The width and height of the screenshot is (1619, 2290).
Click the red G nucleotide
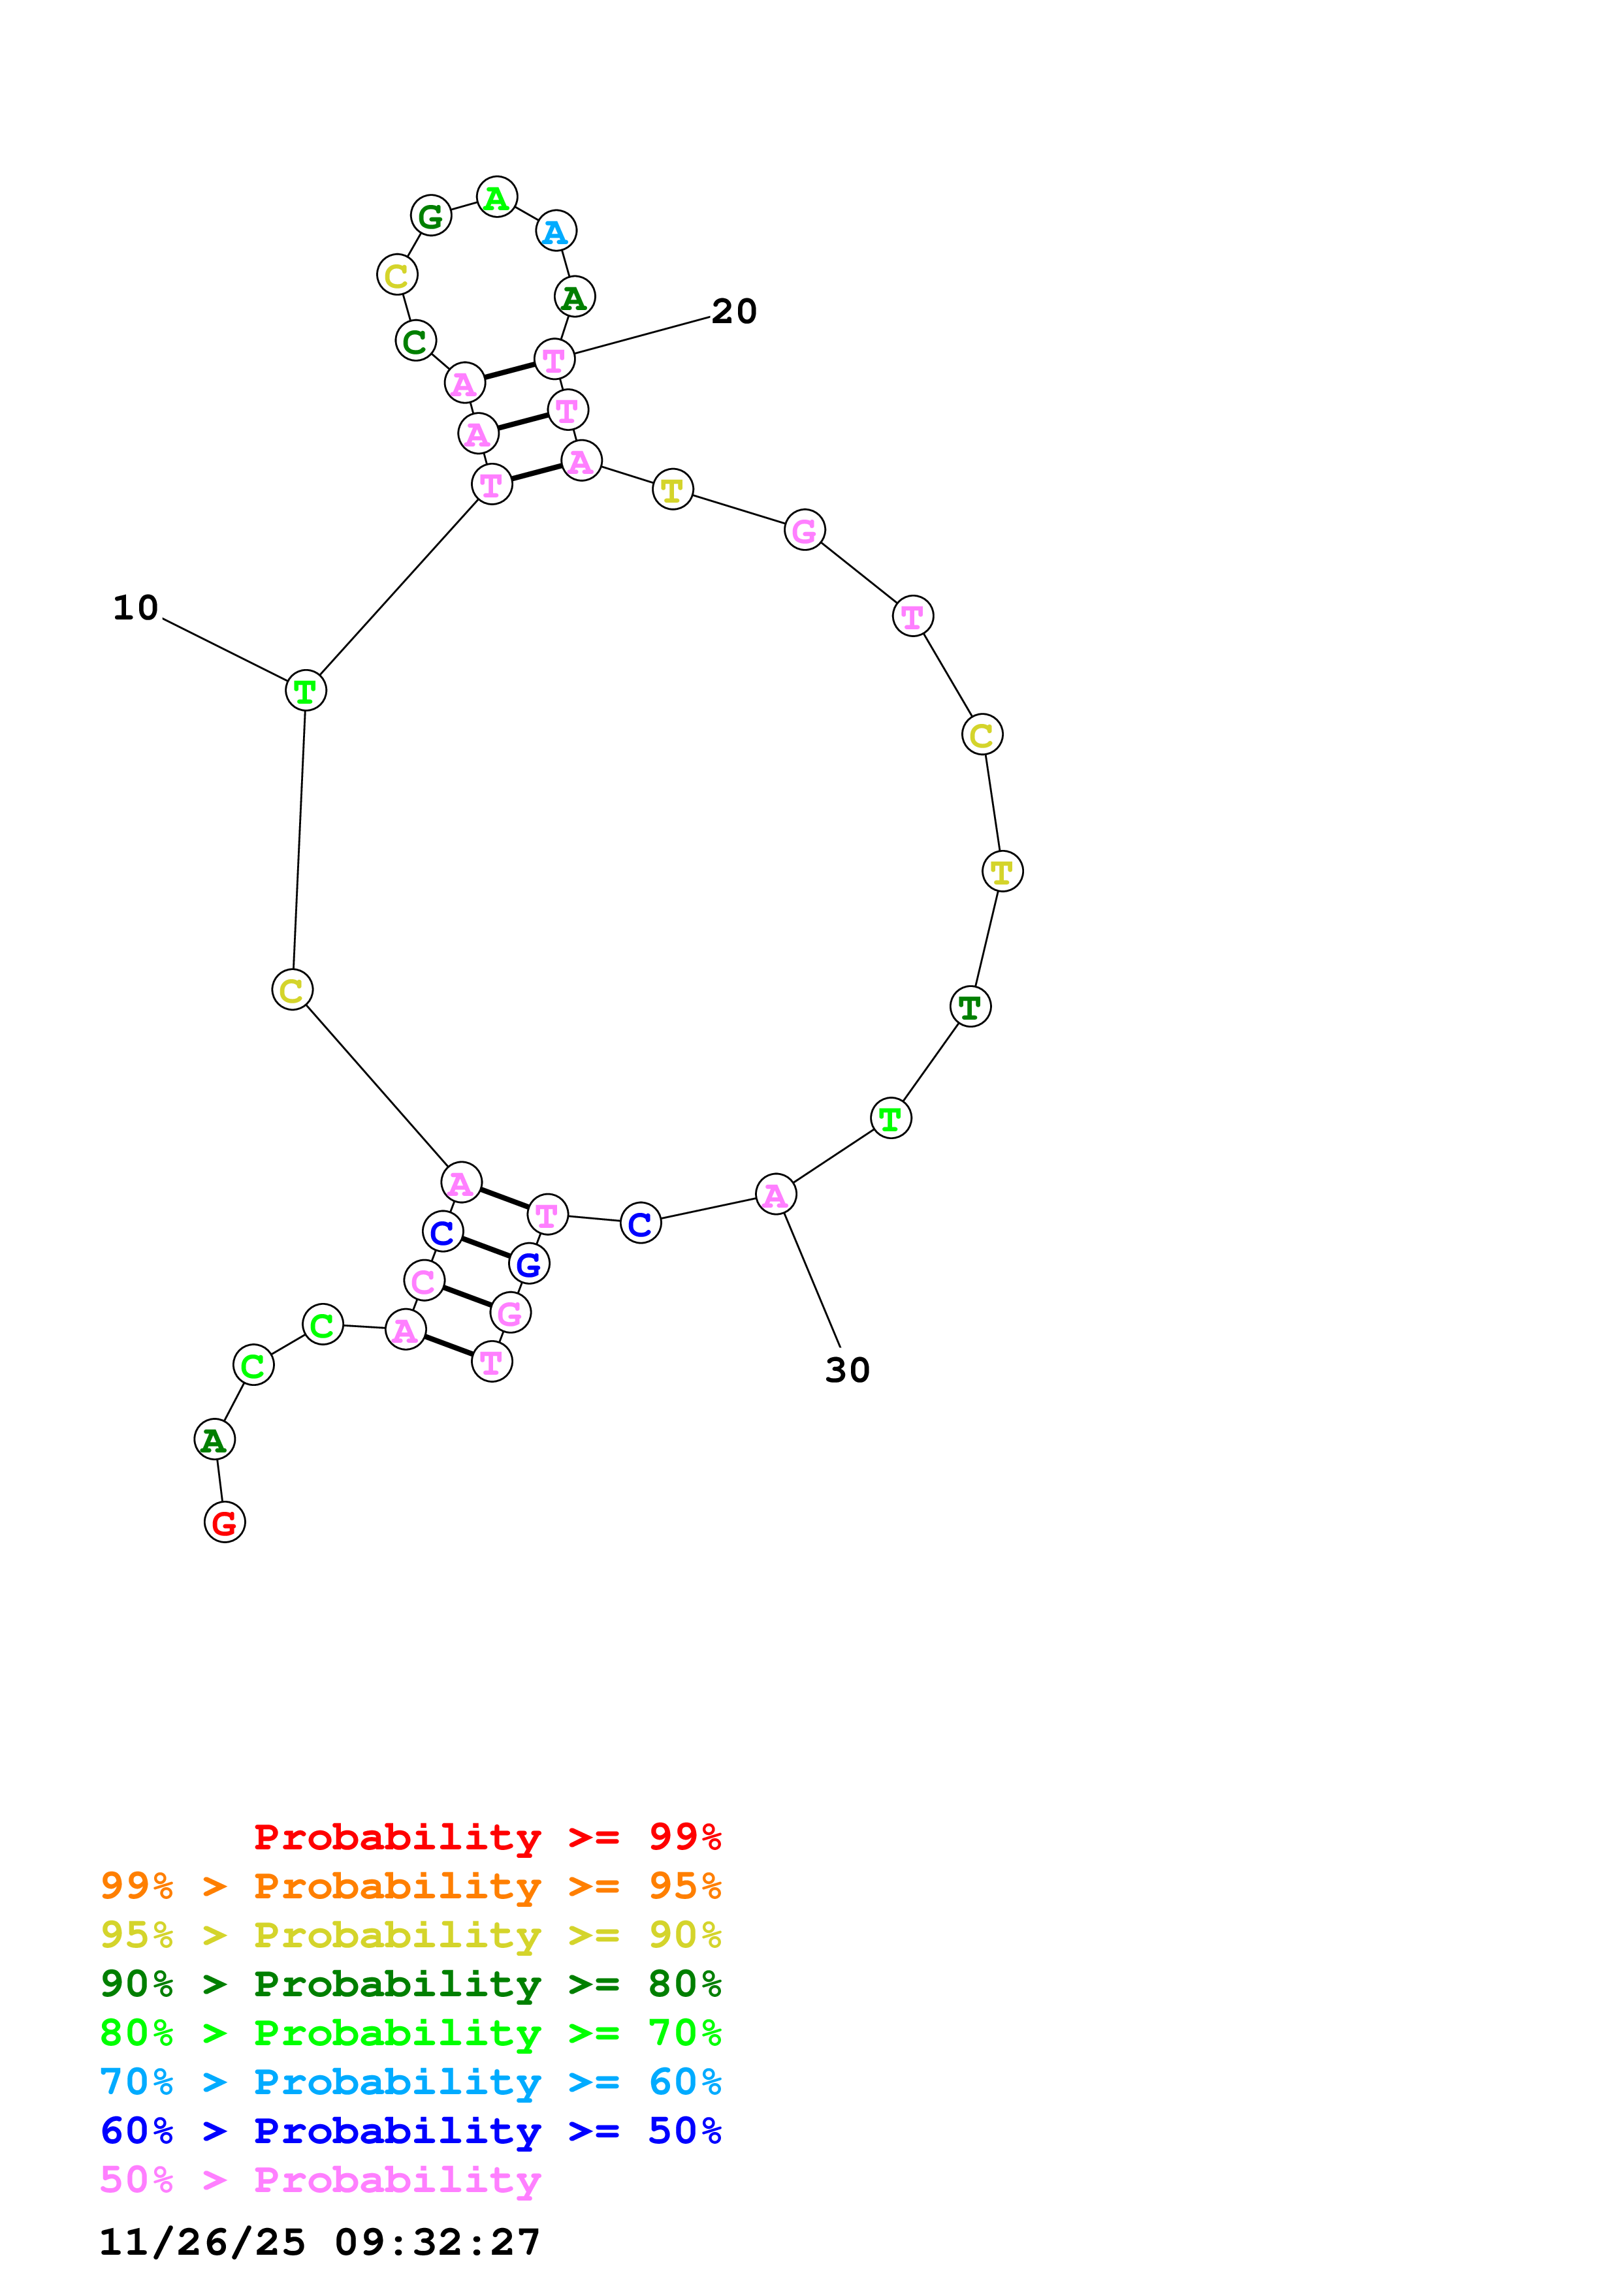click(225, 1522)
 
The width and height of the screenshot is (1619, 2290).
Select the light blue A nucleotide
click(556, 231)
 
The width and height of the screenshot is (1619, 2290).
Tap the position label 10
click(136, 607)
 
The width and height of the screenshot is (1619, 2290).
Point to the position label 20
click(734, 311)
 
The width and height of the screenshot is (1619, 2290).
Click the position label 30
click(847, 1370)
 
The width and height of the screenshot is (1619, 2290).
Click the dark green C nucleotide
click(415, 341)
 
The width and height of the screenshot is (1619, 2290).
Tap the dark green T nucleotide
click(970, 1007)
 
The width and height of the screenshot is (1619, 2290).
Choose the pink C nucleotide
click(424, 1281)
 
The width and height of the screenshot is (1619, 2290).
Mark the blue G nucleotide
click(529, 1264)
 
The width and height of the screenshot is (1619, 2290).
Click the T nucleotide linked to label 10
click(305, 690)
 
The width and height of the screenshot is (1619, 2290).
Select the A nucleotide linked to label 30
click(775, 1195)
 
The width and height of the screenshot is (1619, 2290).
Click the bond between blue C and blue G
click(486, 1247)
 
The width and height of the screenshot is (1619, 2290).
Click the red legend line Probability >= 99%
click(487, 1837)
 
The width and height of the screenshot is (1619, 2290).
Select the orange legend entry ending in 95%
click(411, 1886)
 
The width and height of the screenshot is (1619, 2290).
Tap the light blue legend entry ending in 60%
click(411, 2082)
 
